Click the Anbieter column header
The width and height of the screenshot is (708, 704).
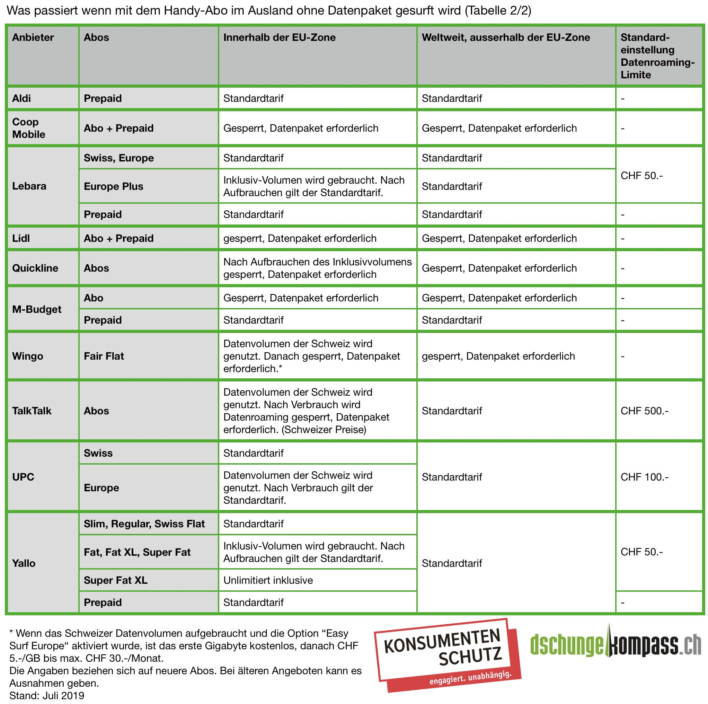pyautogui.click(x=33, y=37)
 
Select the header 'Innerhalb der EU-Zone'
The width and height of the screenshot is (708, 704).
pyautogui.click(x=279, y=37)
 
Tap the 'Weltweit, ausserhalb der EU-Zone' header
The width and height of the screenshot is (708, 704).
pyautogui.click(x=506, y=37)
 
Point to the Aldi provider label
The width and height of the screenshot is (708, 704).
pyautogui.click(x=21, y=98)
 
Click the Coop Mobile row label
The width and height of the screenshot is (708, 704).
pyautogui.click(x=29, y=128)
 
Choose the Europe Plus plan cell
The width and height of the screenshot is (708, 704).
pyautogui.click(x=114, y=186)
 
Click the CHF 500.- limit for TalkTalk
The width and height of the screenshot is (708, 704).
pyautogui.click(x=644, y=411)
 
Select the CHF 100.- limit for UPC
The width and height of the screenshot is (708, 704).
pyautogui.click(x=644, y=477)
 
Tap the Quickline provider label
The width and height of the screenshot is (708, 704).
pyautogui.click(x=35, y=268)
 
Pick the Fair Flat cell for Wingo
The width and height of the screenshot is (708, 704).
pyautogui.click(x=104, y=356)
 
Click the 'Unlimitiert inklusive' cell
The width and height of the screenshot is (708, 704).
pyautogui.click(x=268, y=580)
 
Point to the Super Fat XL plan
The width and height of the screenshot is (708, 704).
pyautogui.click(x=116, y=580)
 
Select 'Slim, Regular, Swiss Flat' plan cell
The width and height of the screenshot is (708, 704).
pyautogui.click(x=144, y=524)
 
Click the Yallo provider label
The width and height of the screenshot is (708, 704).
pyautogui.click(x=24, y=563)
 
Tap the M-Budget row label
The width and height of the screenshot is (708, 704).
pyautogui.click(x=37, y=309)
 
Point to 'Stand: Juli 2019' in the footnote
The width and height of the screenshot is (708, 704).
pyautogui.click(x=47, y=695)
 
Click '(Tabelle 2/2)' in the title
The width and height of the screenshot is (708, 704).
pyautogui.click(x=498, y=10)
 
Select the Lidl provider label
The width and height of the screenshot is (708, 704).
pyautogui.click(x=21, y=238)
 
